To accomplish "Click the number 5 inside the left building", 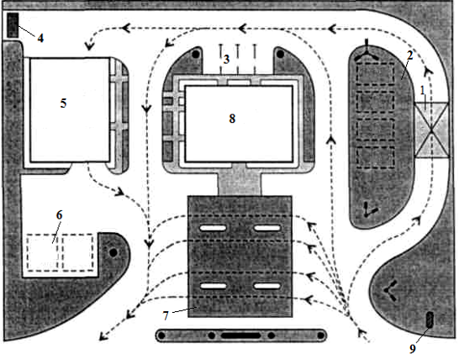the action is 63,103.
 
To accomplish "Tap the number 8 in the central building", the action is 232,119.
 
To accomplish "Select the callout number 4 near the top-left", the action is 40,38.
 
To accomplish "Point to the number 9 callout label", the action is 413,349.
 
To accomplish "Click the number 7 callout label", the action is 166,315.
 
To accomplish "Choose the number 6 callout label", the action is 59,215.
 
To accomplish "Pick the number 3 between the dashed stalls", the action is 226,60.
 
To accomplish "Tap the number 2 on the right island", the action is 409,56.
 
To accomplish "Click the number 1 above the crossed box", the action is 422,91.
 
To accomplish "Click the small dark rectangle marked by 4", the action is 13,25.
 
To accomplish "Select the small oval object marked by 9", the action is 430,320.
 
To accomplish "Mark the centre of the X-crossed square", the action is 431,130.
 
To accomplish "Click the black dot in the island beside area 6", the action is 113,252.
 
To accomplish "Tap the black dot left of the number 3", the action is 196,54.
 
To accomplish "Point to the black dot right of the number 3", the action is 280,54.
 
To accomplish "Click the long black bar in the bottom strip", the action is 240,336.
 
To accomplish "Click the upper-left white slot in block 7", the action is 214,228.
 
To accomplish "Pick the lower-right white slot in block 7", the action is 267,286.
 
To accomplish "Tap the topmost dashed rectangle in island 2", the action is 376,74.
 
